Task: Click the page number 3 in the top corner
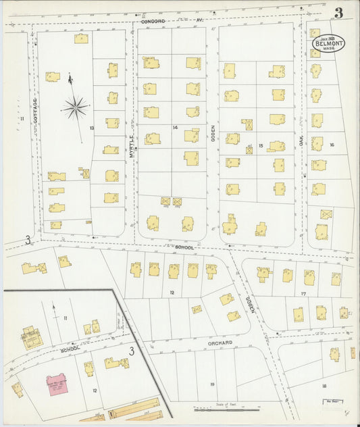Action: pyautogui.click(x=338, y=11)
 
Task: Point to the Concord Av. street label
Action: pyautogui.click(x=172, y=21)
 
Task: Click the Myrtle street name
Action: pyautogui.click(x=132, y=145)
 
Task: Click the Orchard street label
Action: pyautogui.click(x=220, y=343)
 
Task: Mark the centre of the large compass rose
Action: pyautogui.click(x=75, y=106)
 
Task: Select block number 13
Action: pyautogui.click(x=91, y=127)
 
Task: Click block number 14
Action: pyautogui.click(x=174, y=127)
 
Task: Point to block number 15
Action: pyautogui.click(x=260, y=145)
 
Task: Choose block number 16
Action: pyautogui.click(x=332, y=145)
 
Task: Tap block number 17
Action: pyautogui.click(x=303, y=293)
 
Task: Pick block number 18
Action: pyautogui.click(x=324, y=385)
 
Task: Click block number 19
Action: pyautogui.click(x=212, y=384)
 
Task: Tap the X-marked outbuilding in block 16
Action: pyautogui.click(x=326, y=214)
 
